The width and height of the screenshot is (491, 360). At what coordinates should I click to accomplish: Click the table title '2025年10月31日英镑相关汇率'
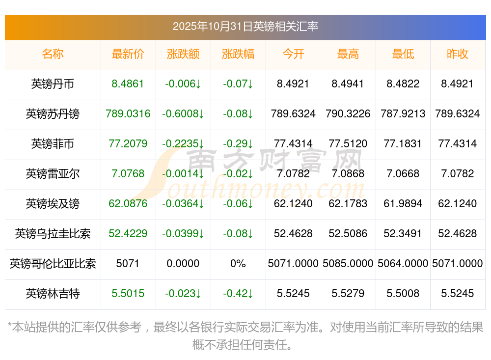pyautogui.click(x=245, y=27)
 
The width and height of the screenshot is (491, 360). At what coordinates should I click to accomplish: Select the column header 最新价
pyautogui.click(x=128, y=54)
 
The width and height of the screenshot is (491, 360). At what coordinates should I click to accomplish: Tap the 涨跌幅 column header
pyautogui.click(x=238, y=54)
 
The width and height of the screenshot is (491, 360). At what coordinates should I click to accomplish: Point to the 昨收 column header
pyautogui.click(x=457, y=54)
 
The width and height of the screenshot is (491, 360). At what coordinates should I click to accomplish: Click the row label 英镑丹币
pyautogui.click(x=53, y=84)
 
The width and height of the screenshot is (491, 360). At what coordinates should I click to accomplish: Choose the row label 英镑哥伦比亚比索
pyautogui.click(x=53, y=264)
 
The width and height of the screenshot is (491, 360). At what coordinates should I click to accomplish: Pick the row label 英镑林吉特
pyautogui.click(x=53, y=294)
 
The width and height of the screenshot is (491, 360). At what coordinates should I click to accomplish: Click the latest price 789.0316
pyautogui.click(x=128, y=114)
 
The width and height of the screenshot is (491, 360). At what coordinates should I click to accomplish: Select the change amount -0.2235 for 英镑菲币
pyautogui.click(x=183, y=144)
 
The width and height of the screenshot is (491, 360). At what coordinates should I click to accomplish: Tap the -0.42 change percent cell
pyautogui.click(x=238, y=294)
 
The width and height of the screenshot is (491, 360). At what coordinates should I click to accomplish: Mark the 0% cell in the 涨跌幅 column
pyautogui.click(x=238, y=264)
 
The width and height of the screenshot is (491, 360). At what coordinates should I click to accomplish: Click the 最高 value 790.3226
pyautogui.click(x=348, y=114)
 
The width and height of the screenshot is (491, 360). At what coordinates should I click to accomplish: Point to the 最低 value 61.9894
pyautogui.click(x=403, y=204)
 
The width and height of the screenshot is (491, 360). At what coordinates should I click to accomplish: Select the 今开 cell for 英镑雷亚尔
pyautogui.click(x=293, y=174)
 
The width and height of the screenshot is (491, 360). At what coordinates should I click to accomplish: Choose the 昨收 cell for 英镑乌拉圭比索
pyautogui.click(x=457, y=234)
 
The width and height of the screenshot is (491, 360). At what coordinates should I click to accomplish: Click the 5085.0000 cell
pyautogui.click(x=348, y=264)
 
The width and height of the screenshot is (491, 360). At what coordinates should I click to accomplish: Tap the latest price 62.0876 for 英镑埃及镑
pyautogui.click(x=128, y=204)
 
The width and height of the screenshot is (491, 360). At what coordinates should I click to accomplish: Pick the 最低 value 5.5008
pyautogui.click(x=403, y=294)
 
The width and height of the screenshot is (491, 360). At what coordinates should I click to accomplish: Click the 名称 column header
pyautogui.click(x=53, y=54)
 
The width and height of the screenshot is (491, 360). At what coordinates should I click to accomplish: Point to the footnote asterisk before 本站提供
pyautogui.click(x=10, y=327)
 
